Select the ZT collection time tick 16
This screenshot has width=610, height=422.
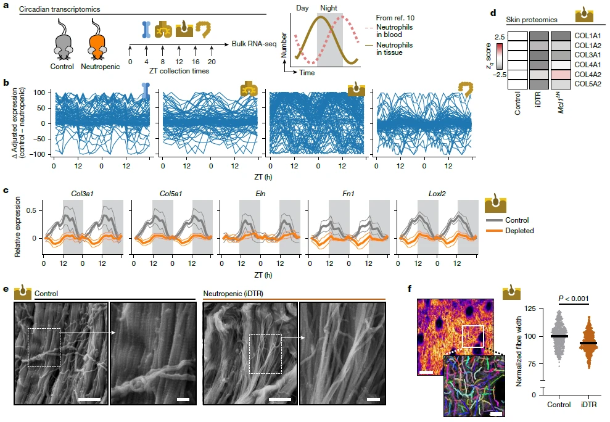[195, 62]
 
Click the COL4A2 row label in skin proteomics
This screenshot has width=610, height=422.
[589, 75]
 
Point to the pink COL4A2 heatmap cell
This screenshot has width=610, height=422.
[560, 75]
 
